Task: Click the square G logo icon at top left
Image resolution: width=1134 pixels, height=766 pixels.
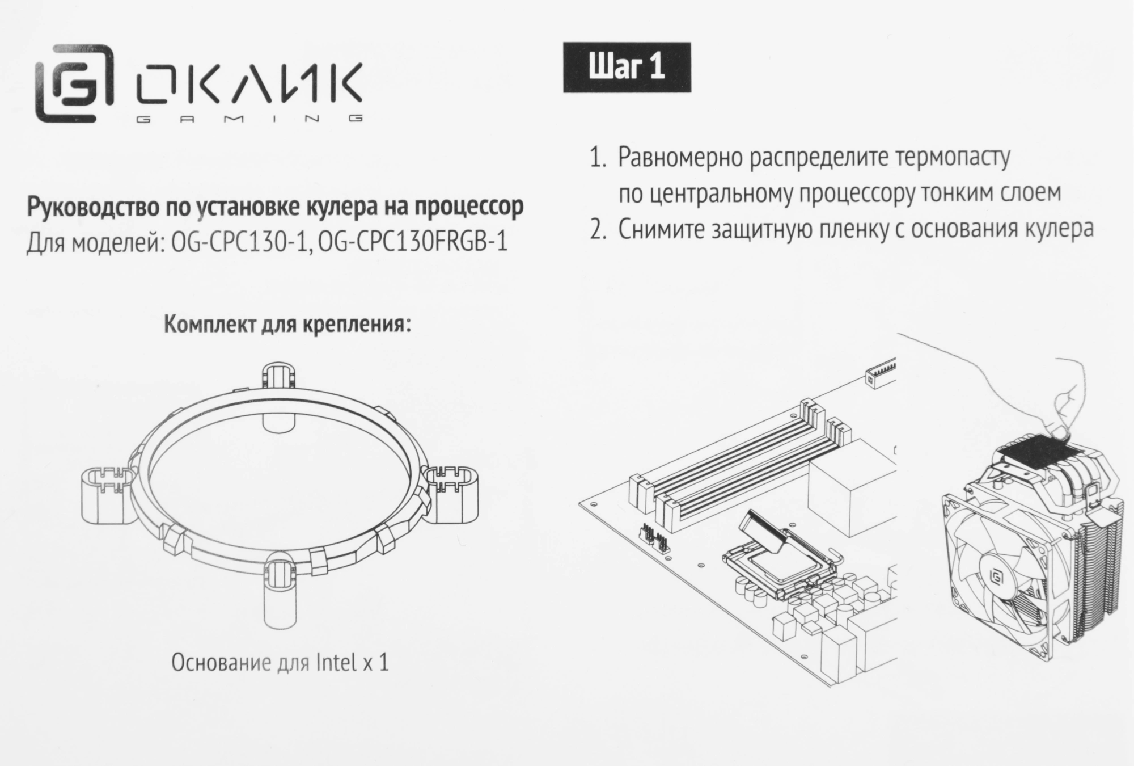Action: click(x=74, y=83)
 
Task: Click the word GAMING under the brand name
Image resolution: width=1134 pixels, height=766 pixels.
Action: click(x=250, y=119)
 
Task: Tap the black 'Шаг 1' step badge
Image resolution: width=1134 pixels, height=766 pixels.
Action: click(x=627, y=68)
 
